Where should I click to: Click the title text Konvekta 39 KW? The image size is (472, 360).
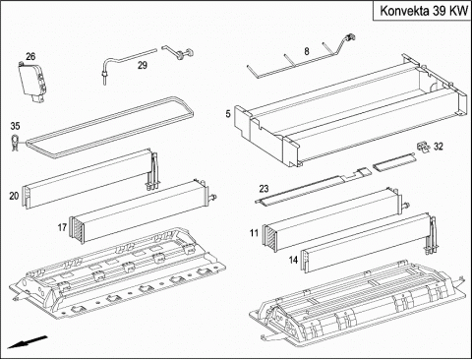click(x=424, y=11)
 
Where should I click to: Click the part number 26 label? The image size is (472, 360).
click(x=30, y=56)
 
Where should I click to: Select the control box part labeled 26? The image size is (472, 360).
click(x=32, y=81)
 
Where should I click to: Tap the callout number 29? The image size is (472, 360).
click(x=143, y=65)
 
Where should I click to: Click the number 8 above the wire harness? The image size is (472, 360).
click(x=307, y=51)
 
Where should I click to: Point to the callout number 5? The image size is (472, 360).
click(x=228, y=114)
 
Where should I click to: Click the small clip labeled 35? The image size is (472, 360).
click(x=15, y=143)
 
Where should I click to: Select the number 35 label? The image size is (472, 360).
click(x=15, y=126)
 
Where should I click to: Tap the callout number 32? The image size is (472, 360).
click(x=439, y=147)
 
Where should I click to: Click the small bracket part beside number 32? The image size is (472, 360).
click(x=423, y=147)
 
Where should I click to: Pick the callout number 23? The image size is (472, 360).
click(x=264, y=189)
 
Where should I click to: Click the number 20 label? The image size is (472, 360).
click(x=14, y=196)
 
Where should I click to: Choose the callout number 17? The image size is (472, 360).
click(x=62, y=227)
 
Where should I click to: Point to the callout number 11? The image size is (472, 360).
click(x=254, y=233)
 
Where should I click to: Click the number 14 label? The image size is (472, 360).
click(x=293, y=260)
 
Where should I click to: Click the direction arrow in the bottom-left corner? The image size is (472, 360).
click(x=28, y=341)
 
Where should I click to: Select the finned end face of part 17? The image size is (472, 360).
click(x=76, y=230)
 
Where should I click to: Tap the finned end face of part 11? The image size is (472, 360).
click(x=269, y=238)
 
